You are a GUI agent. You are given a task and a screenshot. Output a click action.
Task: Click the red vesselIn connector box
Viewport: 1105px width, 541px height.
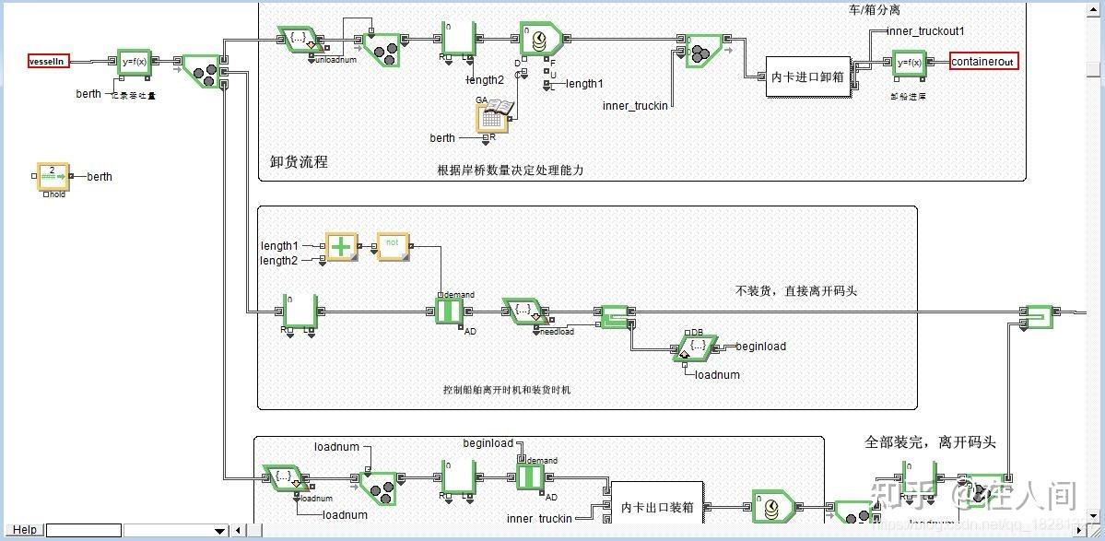pos(48,61)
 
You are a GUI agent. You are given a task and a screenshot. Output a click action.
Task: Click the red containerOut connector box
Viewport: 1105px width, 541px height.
pos(984,62)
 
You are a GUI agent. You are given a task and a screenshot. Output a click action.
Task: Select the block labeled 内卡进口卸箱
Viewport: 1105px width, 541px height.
pos(807,76)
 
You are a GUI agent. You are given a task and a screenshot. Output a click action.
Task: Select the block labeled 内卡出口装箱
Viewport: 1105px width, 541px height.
pos(658,506)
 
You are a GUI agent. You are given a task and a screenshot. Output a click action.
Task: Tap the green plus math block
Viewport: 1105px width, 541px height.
pos(342,247)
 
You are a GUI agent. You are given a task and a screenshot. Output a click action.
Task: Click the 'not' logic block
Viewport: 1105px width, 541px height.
pos(392,246)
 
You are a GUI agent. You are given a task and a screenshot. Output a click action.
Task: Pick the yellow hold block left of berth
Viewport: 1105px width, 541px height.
pos(53,176)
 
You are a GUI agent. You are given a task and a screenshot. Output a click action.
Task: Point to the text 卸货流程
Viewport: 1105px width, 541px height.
pos(299,161)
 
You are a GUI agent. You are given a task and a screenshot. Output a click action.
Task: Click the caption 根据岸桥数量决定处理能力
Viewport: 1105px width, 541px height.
pos(511,170)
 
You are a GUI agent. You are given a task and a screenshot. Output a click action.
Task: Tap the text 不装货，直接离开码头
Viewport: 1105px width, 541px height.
pos(796,290)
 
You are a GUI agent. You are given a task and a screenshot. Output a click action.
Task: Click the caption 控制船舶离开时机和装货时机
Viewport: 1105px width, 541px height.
pos(507,390)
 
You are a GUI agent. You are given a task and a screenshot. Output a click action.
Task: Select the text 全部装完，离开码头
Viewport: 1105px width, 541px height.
pos(930,441)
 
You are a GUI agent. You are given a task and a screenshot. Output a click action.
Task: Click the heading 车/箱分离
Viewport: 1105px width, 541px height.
pos(876,9)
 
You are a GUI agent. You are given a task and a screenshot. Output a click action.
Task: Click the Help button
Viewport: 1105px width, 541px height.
pos(25,530)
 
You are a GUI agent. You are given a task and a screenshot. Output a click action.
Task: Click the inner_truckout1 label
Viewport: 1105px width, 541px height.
pos(925,31)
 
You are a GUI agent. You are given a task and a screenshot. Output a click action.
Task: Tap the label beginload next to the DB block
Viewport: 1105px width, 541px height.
pos(761,347)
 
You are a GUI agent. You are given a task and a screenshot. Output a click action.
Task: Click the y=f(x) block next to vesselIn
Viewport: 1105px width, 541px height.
pos(135,62)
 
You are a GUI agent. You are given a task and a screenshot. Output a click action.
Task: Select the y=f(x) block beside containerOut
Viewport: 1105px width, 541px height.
pos(910,62)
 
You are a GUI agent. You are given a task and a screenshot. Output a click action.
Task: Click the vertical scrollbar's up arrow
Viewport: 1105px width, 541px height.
pos(1094,8)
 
